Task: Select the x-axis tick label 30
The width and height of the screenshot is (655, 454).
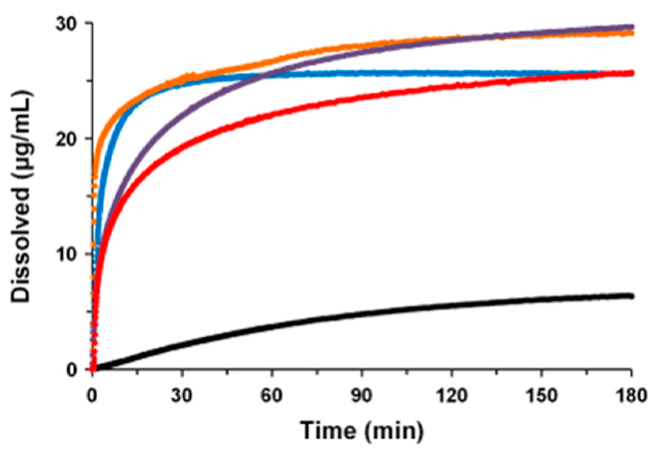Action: coord(182,395)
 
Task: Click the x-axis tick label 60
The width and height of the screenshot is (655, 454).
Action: coord(272,395)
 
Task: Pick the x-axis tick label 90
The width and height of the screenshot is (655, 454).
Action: coord(362,395)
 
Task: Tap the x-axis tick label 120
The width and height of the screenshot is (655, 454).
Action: coord(451,395)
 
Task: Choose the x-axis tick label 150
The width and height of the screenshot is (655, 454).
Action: coord(541,395)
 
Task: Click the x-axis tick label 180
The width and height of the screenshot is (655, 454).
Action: coord(630,395)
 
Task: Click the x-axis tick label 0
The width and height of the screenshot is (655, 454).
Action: coord(92,395)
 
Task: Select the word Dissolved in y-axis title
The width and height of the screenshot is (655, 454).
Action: coord(21,245)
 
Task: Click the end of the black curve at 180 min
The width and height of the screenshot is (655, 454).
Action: coord(630,296)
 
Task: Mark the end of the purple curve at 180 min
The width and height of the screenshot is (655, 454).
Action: coord(630,27)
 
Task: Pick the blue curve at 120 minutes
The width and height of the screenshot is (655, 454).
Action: coord(451,74)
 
